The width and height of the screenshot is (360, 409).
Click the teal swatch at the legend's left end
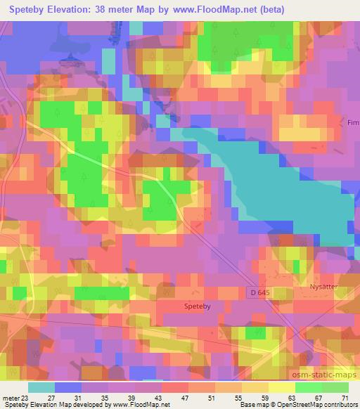click(x=41, y=388)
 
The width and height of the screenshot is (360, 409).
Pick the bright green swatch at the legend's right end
click(x=335, y=388)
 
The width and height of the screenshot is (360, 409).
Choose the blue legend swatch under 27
click(x=68, y=388)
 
